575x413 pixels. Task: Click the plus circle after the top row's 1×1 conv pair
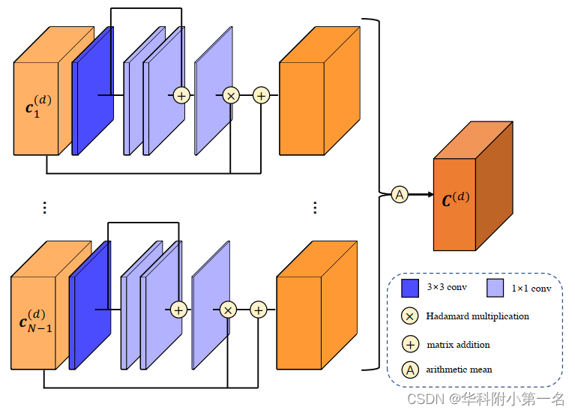coord(181,95)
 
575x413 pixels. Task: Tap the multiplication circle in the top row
coord(231,95)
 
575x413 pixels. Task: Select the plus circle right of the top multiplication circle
coord(261,95)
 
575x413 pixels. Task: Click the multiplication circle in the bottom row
coord(229,310)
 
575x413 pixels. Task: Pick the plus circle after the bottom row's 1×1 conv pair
coord(178,310)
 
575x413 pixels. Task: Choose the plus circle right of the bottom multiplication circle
coord(259,310)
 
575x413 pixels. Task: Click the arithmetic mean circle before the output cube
coord(400,195)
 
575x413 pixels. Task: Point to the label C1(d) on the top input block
coord(38,106)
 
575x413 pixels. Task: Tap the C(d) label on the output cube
coord(456,199)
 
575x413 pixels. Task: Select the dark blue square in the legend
coord(410,288)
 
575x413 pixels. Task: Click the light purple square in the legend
coord(495,288)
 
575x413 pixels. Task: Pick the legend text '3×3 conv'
coord(447,287)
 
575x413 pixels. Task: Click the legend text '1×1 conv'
coord(531,288)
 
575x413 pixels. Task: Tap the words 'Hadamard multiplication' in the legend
coord(478,316)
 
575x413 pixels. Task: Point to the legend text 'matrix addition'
coord(458,345)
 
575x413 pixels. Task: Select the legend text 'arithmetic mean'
coord(459,370)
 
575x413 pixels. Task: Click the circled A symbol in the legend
coord(410,370)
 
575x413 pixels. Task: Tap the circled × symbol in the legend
coord(410,316)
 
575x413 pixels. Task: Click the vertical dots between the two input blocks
coord(44,208)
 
